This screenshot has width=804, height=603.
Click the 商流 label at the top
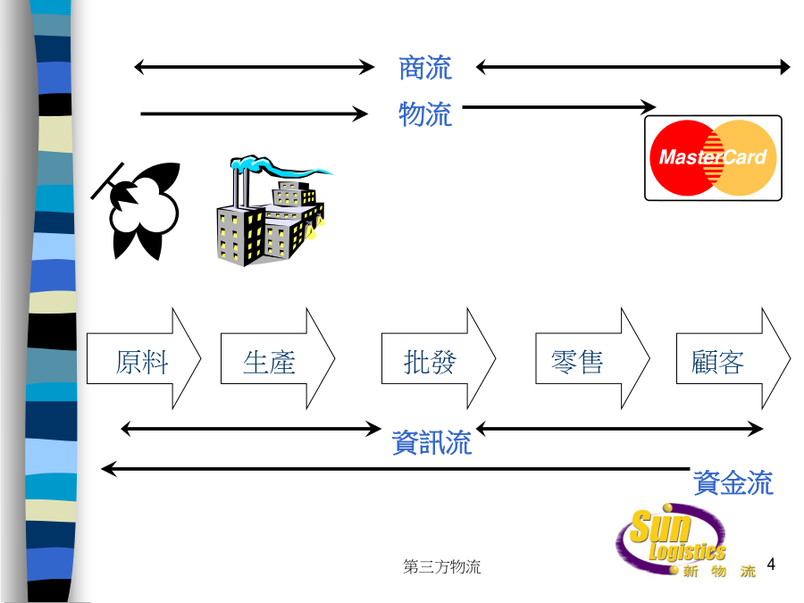[x=425, y=67]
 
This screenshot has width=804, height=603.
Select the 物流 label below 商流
[x=425, y=114]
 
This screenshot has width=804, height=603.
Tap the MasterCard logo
[x=713, y=158]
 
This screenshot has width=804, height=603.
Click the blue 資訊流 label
[x=431, y=442]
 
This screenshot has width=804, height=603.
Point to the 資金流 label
[x=733, y=483]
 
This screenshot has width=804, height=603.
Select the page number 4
[x=772, y=565]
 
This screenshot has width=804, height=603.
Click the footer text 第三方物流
[x=442, y=567]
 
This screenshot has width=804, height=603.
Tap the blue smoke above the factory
[x=277, y=167]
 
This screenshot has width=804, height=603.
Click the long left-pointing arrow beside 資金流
[x=393, y=468]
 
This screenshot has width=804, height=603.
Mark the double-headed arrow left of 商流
[x=255, y=66]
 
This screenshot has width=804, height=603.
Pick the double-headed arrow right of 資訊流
[x=620, y=429]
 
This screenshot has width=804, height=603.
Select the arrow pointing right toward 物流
[x=255, y=113]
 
